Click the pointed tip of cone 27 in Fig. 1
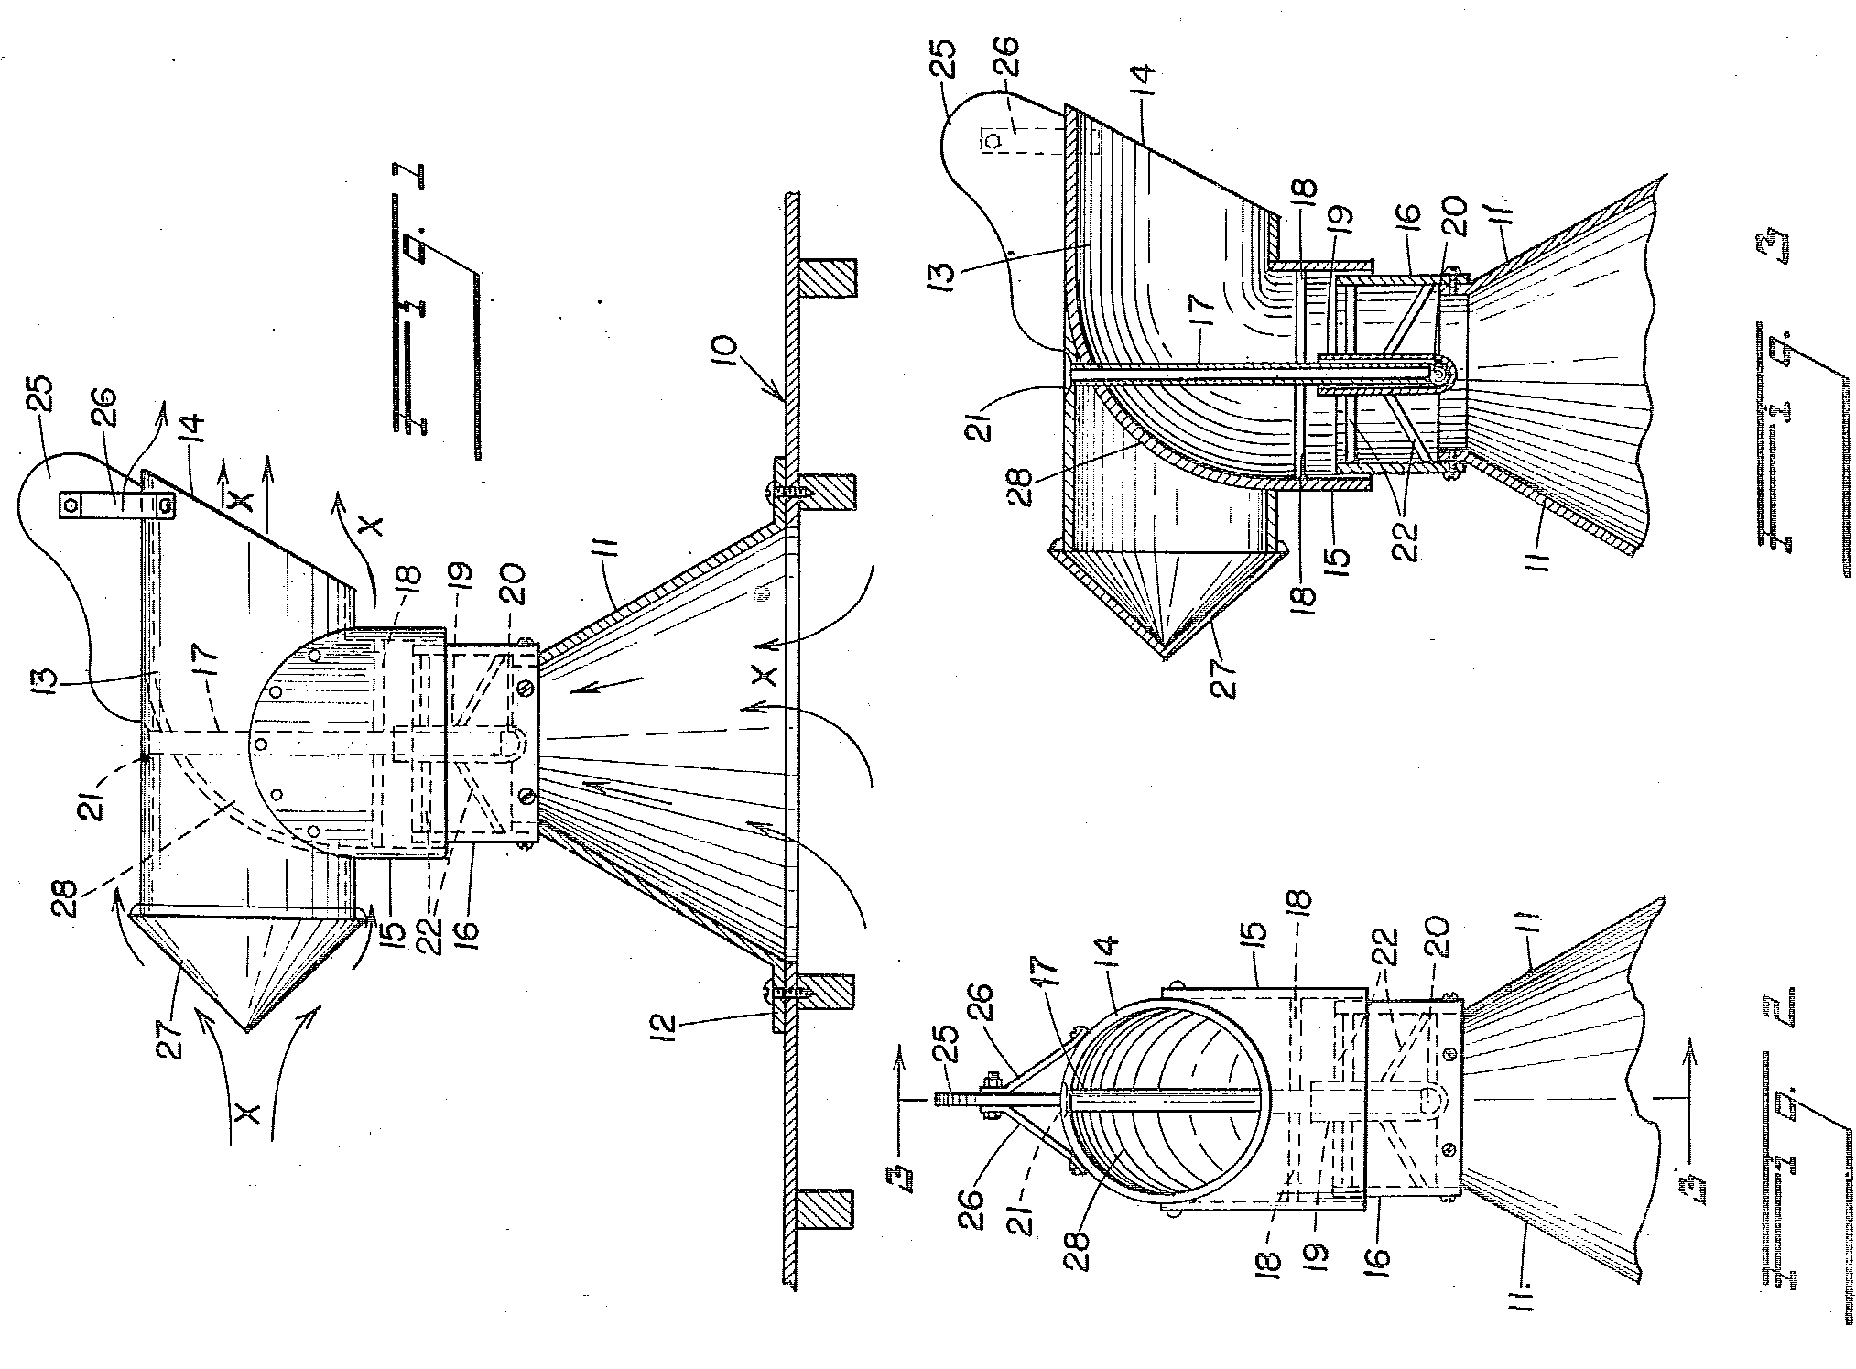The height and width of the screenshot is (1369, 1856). [245, 1031]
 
